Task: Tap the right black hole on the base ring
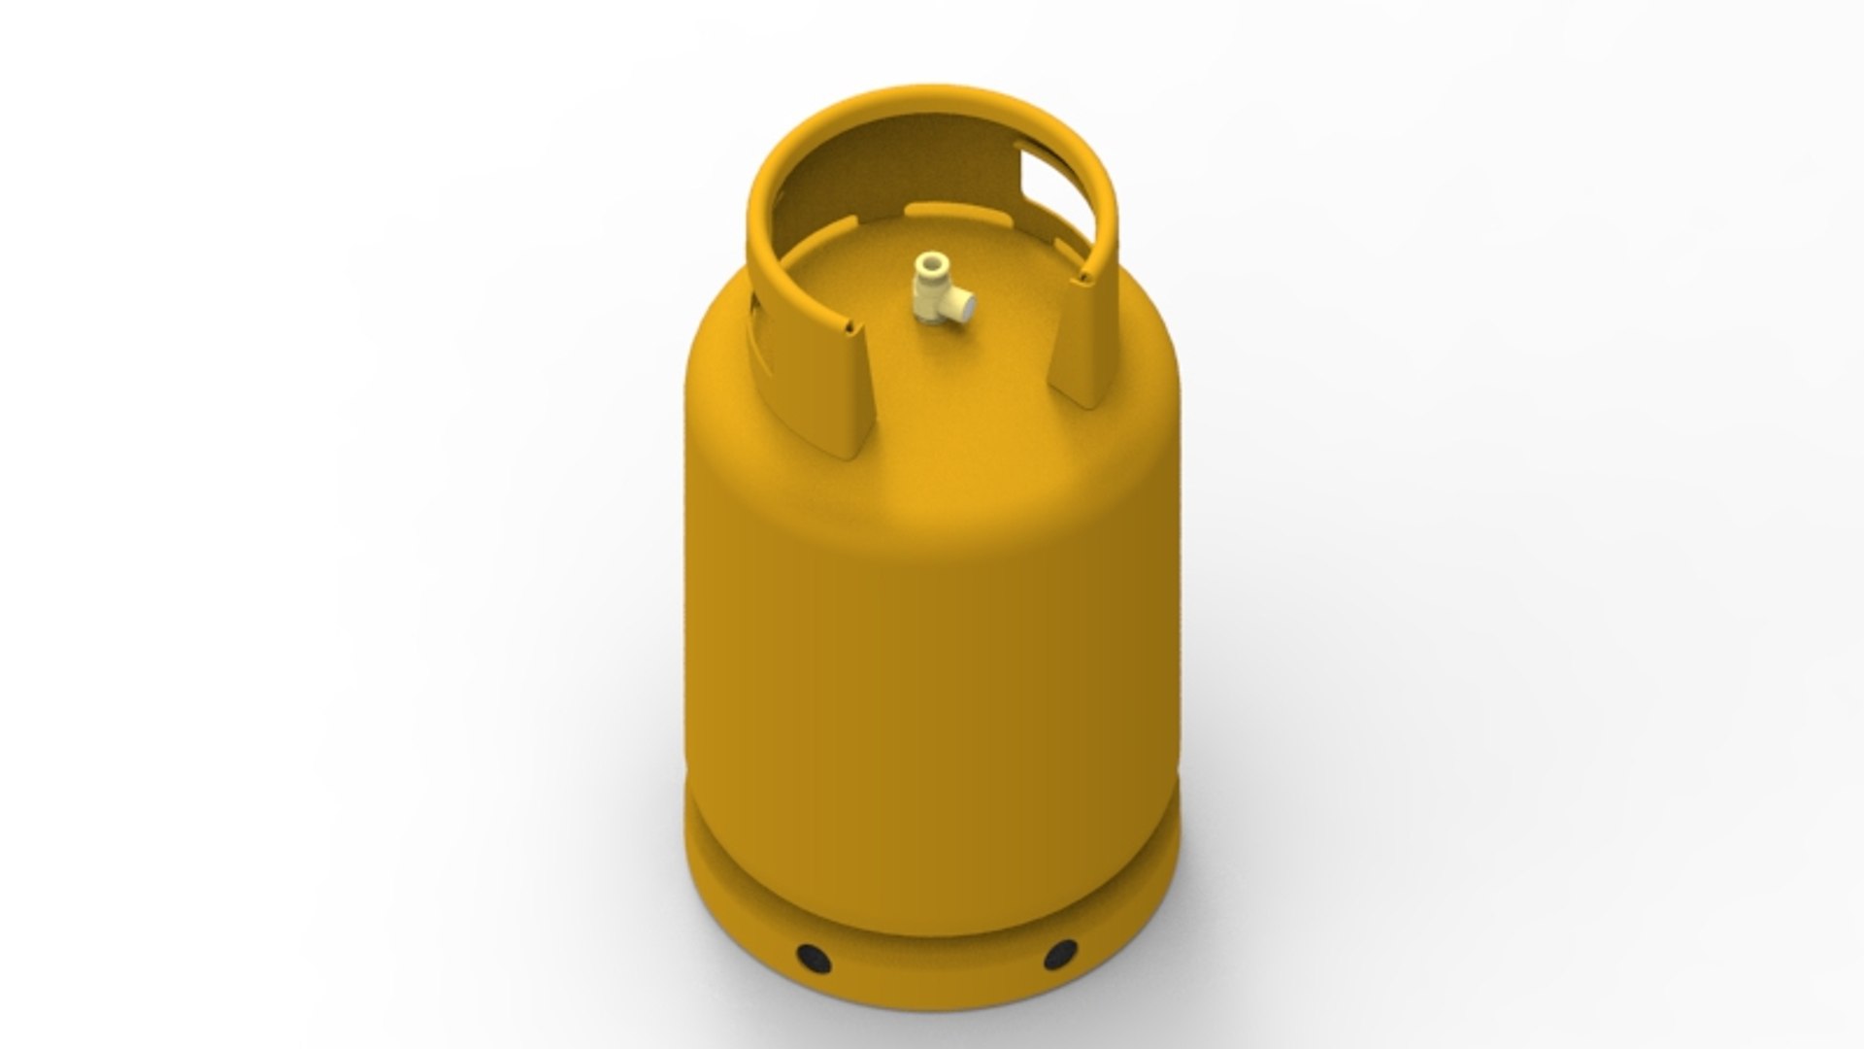click(1060, 954)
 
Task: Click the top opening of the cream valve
click(933, 262)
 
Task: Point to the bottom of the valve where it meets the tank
click(933, 321)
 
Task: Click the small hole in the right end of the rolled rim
click(1082, 280)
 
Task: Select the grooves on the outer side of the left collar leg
click(759, 330)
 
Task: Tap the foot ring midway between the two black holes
click(937, 976)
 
